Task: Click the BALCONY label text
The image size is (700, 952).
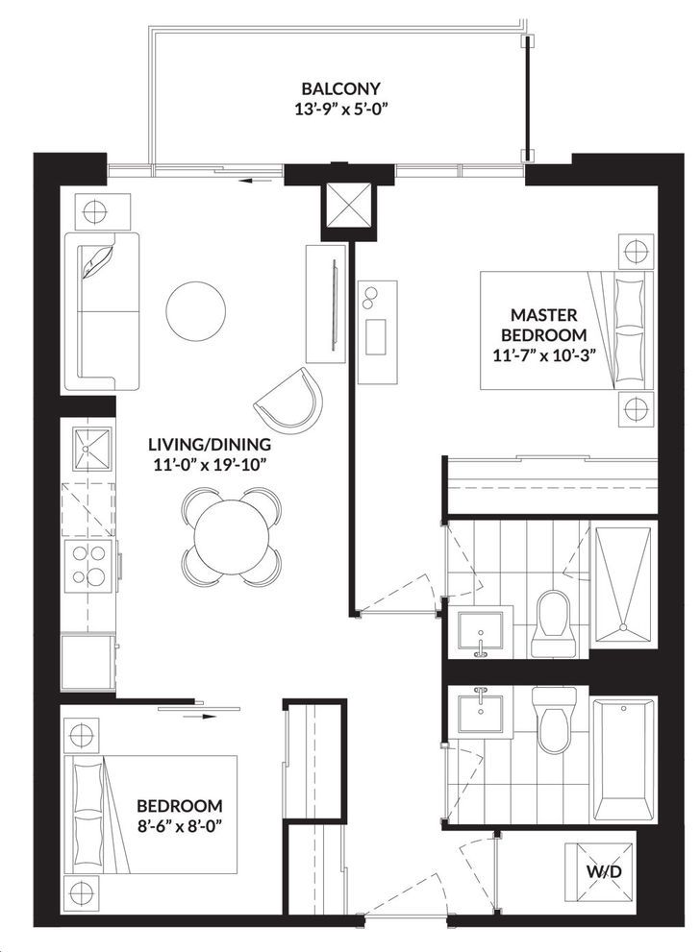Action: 340,88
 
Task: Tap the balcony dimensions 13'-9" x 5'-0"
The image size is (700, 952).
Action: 340,110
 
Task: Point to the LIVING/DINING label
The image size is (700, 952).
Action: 210,445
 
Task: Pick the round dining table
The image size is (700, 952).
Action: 232,536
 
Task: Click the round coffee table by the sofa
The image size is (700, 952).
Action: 195,311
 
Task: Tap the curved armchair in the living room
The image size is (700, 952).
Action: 289,399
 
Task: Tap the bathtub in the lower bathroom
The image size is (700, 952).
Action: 623,761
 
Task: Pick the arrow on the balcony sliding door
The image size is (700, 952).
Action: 254,181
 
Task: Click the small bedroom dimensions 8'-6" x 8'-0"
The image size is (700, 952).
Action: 179,826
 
